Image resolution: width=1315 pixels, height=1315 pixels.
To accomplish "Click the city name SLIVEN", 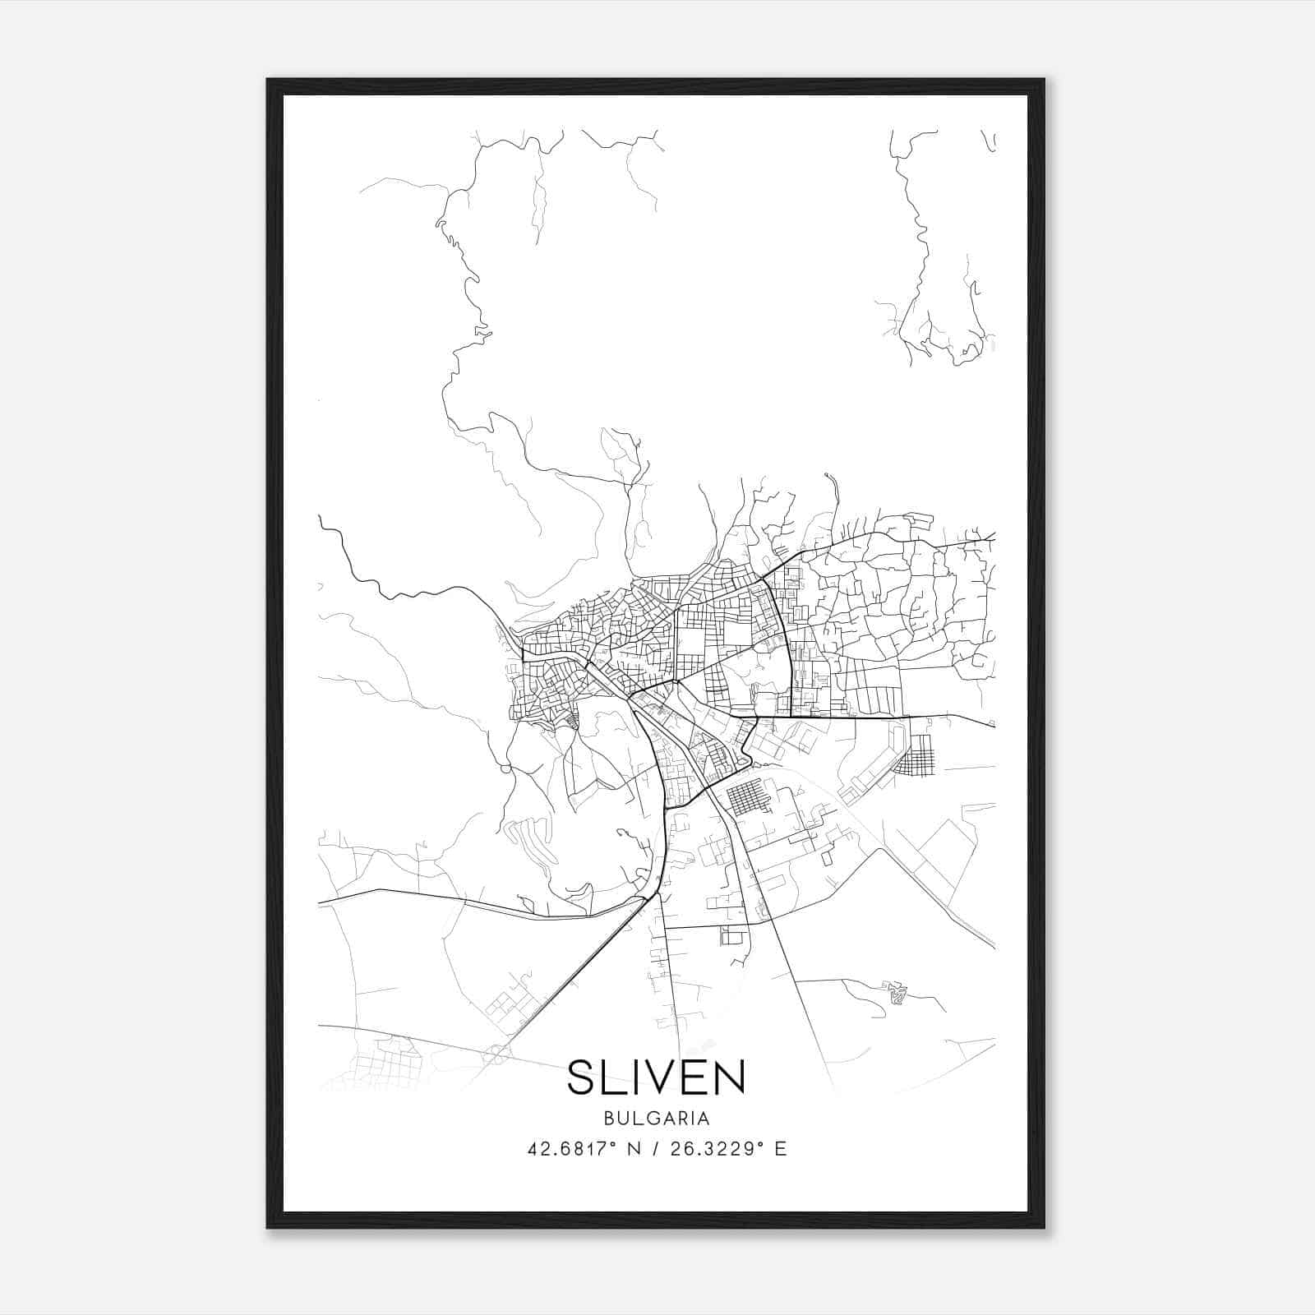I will pyautogui.click(x=656, y=1077).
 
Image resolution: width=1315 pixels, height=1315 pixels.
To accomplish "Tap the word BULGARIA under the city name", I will pyautogui.click(x=656, y=1119).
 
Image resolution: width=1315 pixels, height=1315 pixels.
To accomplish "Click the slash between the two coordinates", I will pyautogui.click(x=657, y=1149).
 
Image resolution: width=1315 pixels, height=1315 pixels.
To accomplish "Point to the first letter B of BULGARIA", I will pyautogui.click(x=607, y=1119).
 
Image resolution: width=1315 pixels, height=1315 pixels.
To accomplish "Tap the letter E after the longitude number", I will pyautogui.click(x=781, y=1149).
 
